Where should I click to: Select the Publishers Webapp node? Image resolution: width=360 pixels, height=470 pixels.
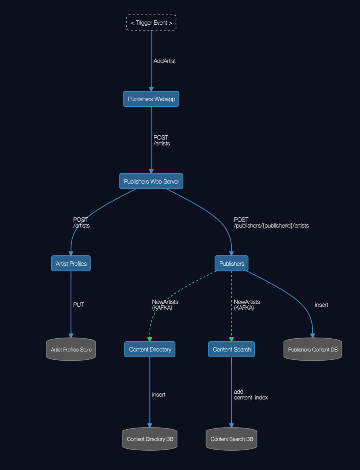tap(151, 99)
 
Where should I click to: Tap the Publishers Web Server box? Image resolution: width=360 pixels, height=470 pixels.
tap(151, 181)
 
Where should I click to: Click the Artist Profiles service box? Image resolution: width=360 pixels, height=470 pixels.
tap(71, 263)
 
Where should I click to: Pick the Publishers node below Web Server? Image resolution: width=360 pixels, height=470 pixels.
tap(232, 263)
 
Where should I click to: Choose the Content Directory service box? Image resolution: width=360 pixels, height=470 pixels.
tap(150, 349)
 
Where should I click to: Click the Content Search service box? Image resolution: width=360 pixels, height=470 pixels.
tap(232, 349)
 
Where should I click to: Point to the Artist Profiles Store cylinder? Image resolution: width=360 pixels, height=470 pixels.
tap(71, 349)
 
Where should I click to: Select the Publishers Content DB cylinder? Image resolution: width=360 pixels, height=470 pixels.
tap(313, 349)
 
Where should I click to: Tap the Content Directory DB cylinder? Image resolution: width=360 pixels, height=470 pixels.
tap(150, 439)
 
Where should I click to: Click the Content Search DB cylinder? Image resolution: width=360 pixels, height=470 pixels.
tap(232, 439)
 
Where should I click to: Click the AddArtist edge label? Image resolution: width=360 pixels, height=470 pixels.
tap(164, 61)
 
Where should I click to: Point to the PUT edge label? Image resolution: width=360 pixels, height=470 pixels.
tap(78, 305)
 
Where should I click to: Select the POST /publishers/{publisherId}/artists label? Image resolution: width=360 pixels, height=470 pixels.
tap(271, 222)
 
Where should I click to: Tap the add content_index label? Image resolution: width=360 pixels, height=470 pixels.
tap(251, 394)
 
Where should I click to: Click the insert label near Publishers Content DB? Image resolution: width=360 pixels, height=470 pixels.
tap(321, 305)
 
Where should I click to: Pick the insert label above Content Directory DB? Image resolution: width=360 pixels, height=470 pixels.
tap(159, 394)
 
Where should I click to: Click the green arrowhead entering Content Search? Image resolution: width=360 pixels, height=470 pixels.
tap(232, 340)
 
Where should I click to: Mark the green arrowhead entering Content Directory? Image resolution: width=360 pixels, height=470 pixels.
tap(150, 340)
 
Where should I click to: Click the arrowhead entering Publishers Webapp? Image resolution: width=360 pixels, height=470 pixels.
tap(151, 89)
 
